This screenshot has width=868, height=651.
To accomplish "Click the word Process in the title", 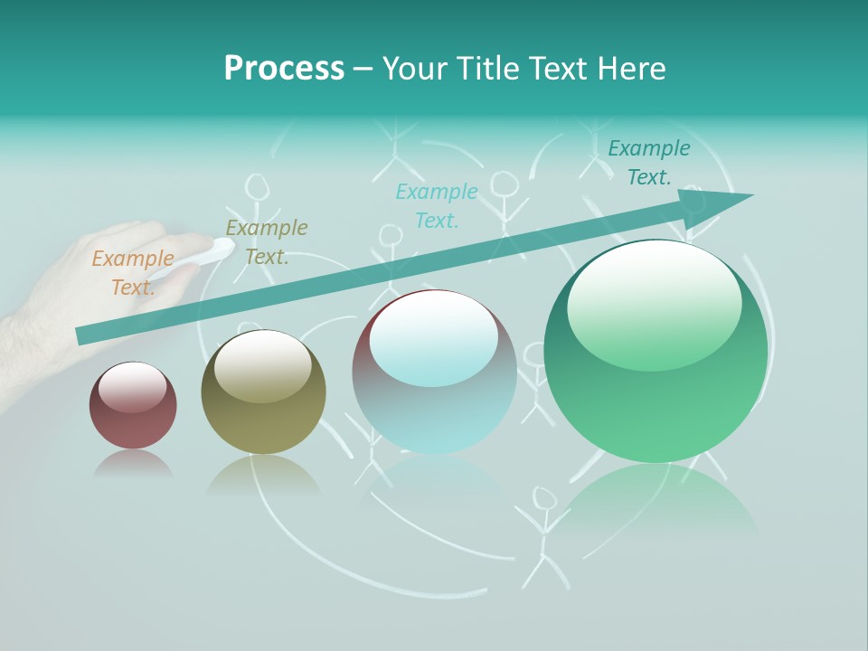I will pos(284,69).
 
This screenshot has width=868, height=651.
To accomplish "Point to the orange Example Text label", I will pos(133,272).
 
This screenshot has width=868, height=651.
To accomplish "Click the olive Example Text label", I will pos(267,241).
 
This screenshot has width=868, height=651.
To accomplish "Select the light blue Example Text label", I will pos(437,205).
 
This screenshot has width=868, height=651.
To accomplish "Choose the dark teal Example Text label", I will pos(649,162).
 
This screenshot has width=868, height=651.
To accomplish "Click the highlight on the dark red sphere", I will pos(132,385).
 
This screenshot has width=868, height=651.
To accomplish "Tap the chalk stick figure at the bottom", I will pos(542,533).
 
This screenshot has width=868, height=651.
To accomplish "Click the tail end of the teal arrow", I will pos(83,335).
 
